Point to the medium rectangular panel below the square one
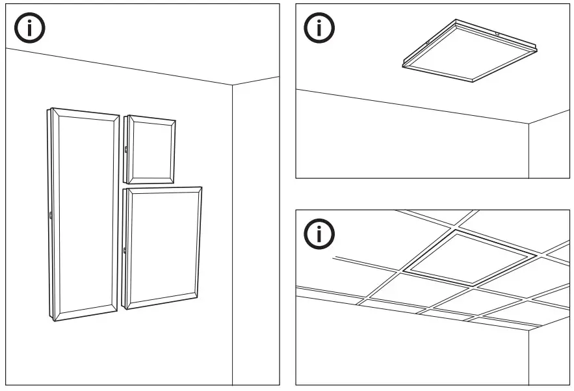coord(162,247)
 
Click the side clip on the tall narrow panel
coord(50,214)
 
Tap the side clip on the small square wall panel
coord(125,150)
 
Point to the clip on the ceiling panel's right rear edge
coord(497,33)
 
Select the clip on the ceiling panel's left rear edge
coord(426,44)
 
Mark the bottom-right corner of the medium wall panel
coord(196,297)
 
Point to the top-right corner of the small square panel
coord(175,120)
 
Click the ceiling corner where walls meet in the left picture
coord(232,85)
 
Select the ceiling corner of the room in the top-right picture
coord(528,123)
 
